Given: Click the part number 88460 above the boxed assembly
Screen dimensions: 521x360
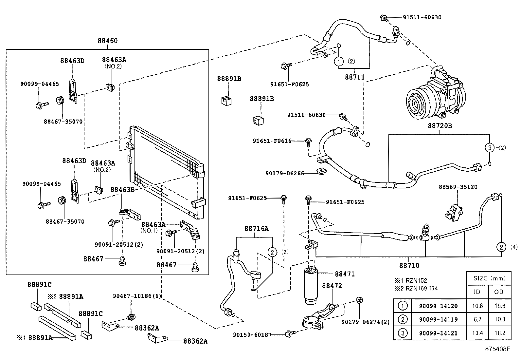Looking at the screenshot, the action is pos(107,41).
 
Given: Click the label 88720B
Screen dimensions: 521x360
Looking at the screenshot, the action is pos(440,126).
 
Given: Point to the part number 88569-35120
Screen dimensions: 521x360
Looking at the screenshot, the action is pos(458,187).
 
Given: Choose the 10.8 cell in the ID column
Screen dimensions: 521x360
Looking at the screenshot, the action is pos(477,306).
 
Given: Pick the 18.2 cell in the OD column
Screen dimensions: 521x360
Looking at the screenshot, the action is pos(500,333).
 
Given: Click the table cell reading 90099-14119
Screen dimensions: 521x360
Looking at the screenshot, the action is pos(438,319).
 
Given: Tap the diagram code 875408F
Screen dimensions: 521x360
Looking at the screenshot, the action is pos(497,349).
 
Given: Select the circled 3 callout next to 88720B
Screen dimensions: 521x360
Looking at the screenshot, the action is pos(490,148).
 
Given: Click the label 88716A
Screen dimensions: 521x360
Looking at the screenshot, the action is pos(256,229).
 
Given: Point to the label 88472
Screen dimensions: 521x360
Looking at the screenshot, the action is pos(332,286).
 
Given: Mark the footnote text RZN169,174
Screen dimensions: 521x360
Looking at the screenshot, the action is pos(422,289).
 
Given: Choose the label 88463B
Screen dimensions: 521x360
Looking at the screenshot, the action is pos(122,190).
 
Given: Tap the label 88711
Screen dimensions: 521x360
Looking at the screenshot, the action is pos(355,77).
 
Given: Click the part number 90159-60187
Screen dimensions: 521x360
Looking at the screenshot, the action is pos(252,335).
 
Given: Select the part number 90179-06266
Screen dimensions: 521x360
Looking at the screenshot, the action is pos(285,174).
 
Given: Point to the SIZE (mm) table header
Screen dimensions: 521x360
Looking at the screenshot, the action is pos(490,278).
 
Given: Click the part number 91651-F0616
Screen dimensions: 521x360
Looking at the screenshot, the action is pos(272,141).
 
